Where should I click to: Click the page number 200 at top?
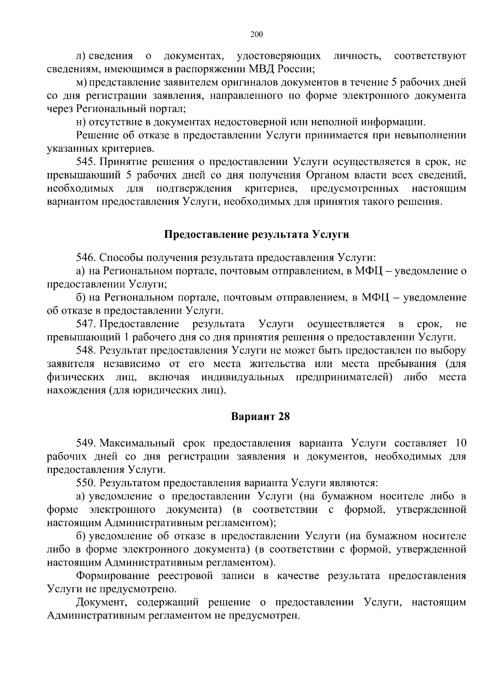(x=256, y=34)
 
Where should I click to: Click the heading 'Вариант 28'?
(x=261, y=417)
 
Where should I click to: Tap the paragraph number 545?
(x=85, y=162)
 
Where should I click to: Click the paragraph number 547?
(x=85, y=324)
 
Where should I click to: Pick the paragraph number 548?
(x=85, y=350)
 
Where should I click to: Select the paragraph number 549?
(x=85, y=443)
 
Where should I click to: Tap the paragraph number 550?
(x=85, y=483)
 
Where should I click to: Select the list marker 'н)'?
(x=81, y=122)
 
